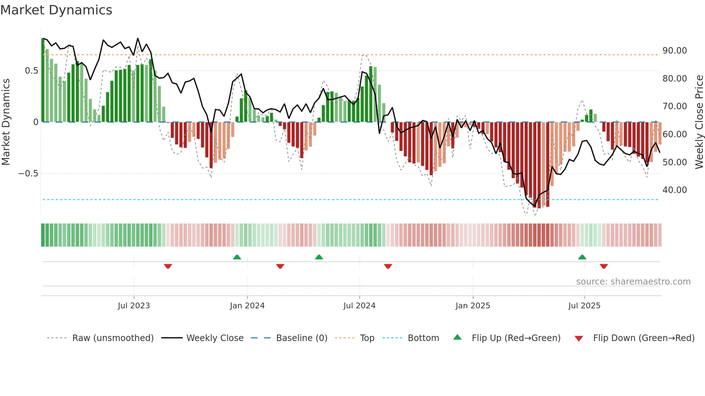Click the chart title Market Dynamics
[56, 10]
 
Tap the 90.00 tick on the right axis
[674, 51]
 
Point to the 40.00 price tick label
[674, 190]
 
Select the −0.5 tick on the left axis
[28, 174]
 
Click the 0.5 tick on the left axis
[31, 71]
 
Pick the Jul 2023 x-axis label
[133, 306]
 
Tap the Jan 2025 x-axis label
[472, 306]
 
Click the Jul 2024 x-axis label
[359, 306]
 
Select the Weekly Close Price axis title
[699, 122]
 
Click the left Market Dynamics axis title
[6, 122]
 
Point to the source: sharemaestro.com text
[633, 282]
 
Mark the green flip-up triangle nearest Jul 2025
[582, 257]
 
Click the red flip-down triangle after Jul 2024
[388, 266]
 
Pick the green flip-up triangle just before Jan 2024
[237, 257]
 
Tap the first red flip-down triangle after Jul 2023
[168, 266]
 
